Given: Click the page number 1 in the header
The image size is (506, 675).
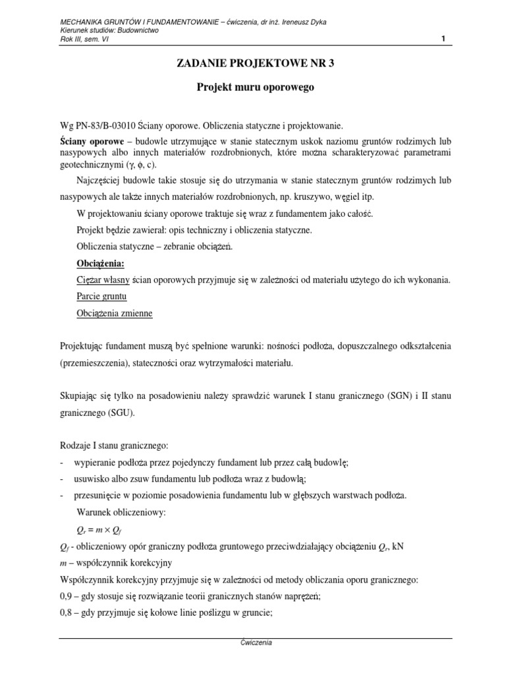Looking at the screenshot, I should point(443,39).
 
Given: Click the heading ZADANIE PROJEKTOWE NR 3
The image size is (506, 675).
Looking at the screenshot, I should point(252,63).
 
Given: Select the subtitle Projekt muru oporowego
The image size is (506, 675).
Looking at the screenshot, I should point(252,87).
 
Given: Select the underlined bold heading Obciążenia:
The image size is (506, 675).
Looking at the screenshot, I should point(101,263).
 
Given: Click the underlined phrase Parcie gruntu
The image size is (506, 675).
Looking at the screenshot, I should point(101,297).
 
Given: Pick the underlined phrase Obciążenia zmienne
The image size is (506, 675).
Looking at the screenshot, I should point(115,313).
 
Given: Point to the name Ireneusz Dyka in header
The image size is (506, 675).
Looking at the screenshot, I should point(302,22).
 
